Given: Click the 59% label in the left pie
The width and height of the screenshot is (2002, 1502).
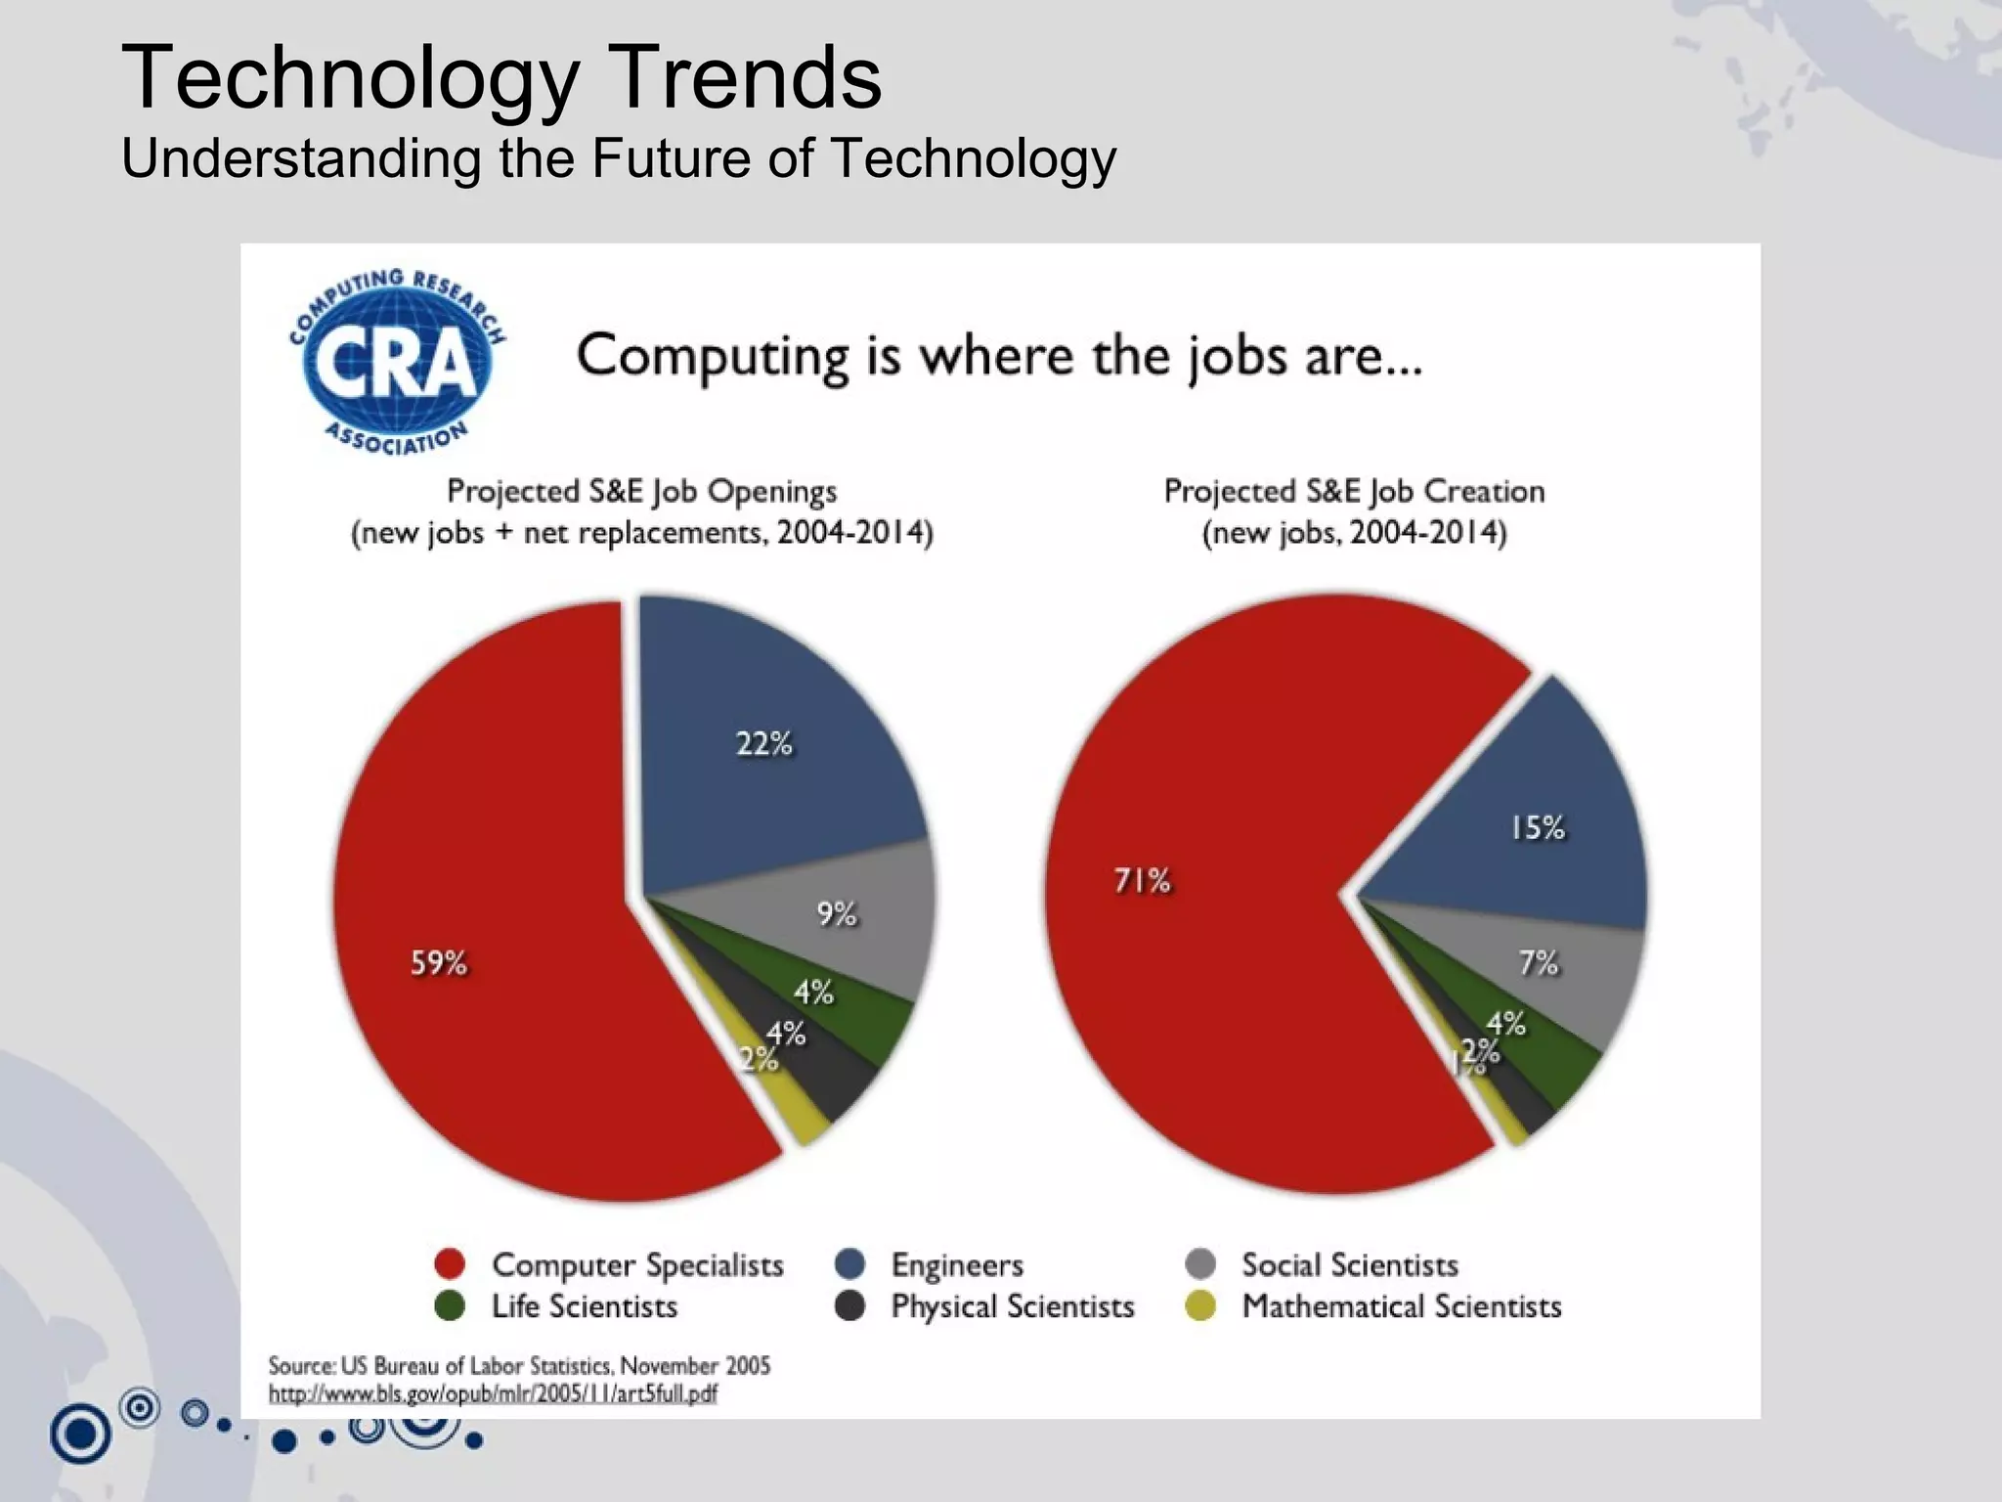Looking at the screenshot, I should point(439,963).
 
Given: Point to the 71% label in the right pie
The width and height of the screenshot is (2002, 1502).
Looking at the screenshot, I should point(1142,881).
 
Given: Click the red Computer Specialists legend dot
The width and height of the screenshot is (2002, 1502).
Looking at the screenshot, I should point(450,1264).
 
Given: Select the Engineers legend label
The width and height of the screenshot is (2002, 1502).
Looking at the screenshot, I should point(956,1265).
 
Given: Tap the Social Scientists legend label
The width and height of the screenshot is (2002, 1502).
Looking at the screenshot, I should point(1349,1265).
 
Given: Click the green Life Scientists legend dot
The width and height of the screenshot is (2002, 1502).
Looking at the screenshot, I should point(450,1306).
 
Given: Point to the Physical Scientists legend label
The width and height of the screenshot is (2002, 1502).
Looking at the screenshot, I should point(1012,1306).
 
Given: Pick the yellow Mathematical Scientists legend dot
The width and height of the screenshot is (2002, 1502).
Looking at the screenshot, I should point(1200,1306).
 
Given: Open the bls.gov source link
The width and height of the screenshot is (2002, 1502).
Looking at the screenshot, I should point(493,1393).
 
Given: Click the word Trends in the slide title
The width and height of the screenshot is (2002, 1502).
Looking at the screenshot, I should point(747,78).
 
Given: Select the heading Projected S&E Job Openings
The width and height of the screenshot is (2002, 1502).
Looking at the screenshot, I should point(642,491).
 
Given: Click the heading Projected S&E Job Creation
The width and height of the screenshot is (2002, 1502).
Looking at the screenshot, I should point(1354,491).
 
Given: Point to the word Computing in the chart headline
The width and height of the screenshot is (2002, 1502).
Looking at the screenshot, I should point(713,356).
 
